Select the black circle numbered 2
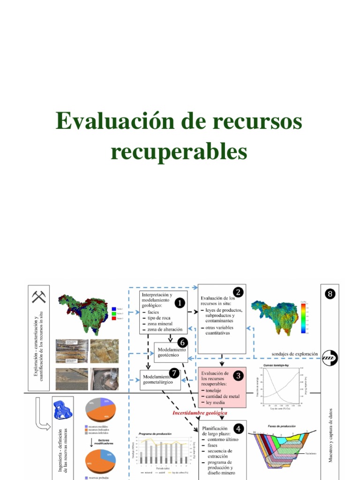click(x=238, y=292)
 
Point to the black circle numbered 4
click(x=239, y=428)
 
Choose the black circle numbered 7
click(x=174, y=373)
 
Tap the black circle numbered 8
click(x=330, y=294)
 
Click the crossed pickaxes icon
click(x=39, y=297)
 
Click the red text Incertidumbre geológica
click(x=200, y=413)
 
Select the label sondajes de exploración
click(x=294, y=354)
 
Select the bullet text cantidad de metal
click(x=222, y=396)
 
